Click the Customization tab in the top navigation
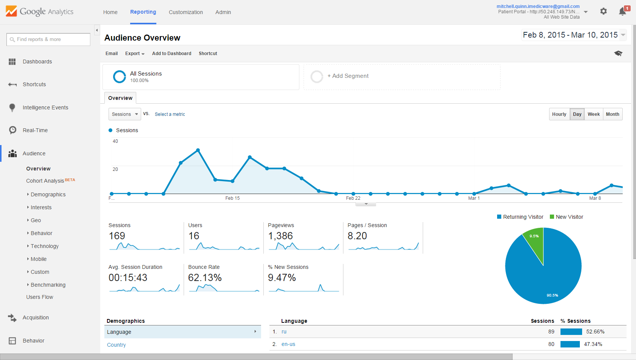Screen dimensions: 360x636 click(x=186, y=12)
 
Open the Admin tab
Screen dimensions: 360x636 click(x=223, y=12)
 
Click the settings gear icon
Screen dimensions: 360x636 click(x=603, y=11)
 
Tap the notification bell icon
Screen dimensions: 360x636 click(x=622, y=12)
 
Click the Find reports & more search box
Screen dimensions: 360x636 click(x=49, y=39)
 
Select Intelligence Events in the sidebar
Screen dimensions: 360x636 click(x=45, y=107)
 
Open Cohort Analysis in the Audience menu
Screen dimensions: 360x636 click(x=45, y=181)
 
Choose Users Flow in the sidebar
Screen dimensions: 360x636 click(x=39, y=297)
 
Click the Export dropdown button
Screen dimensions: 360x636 click(x=135, y=54)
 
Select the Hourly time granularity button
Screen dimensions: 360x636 click(x=559, y=114)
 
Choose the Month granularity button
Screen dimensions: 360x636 click(x=612, y=114)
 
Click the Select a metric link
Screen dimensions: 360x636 click(x=170, y=114)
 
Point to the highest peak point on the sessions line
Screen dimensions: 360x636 click(x=198, y=150)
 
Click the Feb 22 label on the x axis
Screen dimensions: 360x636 click(x=353, y=198)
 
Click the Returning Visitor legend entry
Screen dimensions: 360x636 click(x=523, y=217)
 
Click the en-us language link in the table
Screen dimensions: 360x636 click(x=288, y=344)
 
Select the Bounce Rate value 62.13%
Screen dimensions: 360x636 click(x=205, y=278)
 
